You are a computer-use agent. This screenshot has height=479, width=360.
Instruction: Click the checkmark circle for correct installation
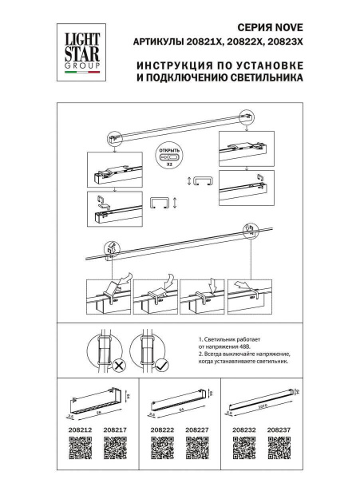(x=161, y=366)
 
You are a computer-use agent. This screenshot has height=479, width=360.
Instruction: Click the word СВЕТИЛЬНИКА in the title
(x=264, y=79)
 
